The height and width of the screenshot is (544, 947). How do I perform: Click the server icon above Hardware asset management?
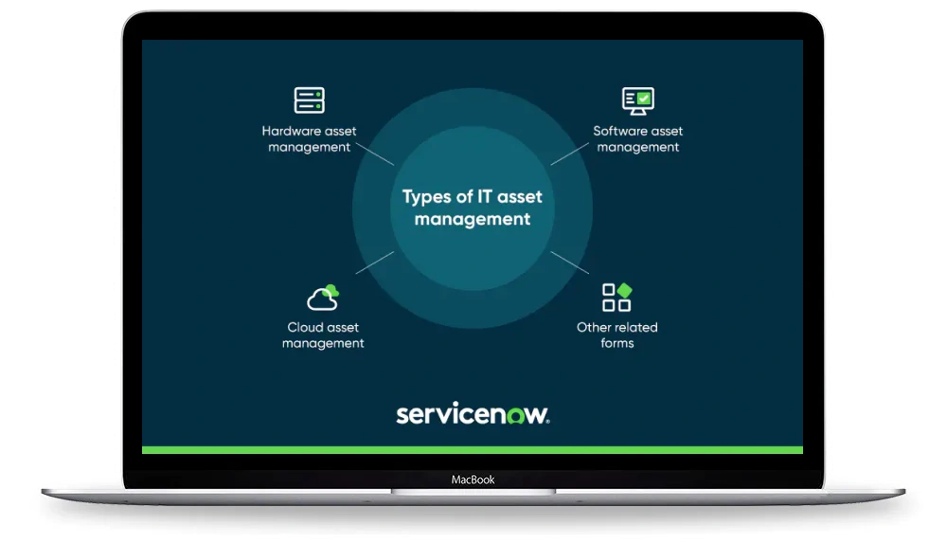click(310, 100)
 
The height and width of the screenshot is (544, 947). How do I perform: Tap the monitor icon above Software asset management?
click(637, 101)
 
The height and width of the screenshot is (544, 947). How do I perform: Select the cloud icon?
click(323, 298)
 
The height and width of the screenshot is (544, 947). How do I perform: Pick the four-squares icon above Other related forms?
click(616, 298)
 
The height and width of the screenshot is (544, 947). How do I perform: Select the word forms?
click(617, 343)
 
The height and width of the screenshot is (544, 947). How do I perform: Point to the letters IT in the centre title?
click(485, 196)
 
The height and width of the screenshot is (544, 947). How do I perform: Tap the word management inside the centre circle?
click(473, 219)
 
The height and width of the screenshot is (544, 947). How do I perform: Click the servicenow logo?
click(473, 414)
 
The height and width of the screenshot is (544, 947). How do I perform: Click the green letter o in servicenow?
click(516, 416)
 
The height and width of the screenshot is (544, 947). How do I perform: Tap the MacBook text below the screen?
click(473, 480)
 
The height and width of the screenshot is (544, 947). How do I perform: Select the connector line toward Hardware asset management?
click(375, 154)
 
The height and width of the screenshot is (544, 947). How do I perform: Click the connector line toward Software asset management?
click(569, 154)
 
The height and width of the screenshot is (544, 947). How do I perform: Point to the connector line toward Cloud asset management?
click(375, 263)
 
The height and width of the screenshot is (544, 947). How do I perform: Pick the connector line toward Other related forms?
click(569, 263)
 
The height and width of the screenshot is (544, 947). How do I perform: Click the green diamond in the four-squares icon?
click(624, 290)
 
